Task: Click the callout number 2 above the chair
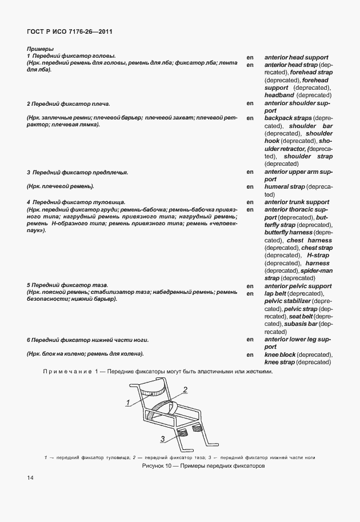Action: [x=185, y=390]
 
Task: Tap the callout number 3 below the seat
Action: [x=163, y=439]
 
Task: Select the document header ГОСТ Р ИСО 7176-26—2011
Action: [x=69, y=31]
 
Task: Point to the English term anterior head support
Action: [x=296, y=58]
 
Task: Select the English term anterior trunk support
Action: [x=297, y=202]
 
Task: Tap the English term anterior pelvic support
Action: [x=298, y=286]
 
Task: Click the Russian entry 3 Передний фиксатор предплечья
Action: [x=77, y=172]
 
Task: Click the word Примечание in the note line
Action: [x=67, y=372]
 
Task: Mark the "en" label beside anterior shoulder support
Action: [x=250, y=103]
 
